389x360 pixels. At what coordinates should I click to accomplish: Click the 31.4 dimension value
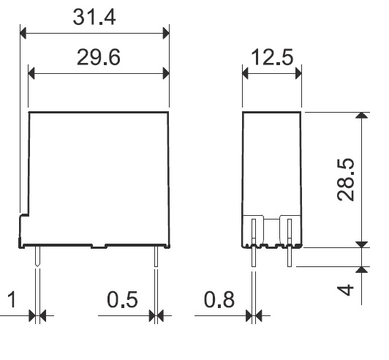coord(94,17)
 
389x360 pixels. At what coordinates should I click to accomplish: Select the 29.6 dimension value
coord(99,57)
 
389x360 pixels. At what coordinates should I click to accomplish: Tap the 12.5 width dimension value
coord(272,57)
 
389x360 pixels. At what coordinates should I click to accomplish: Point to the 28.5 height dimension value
coord(345,179)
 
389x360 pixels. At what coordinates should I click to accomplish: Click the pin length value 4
coord(345,290)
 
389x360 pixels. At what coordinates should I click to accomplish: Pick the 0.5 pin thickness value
coord(122,299)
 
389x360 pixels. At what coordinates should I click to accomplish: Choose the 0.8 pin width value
coord(219,299)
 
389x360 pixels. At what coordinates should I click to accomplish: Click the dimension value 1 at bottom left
coord(12,299)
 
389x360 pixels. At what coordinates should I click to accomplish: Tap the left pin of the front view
coord(37,257)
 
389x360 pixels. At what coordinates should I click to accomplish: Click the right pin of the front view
coord(156,257)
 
